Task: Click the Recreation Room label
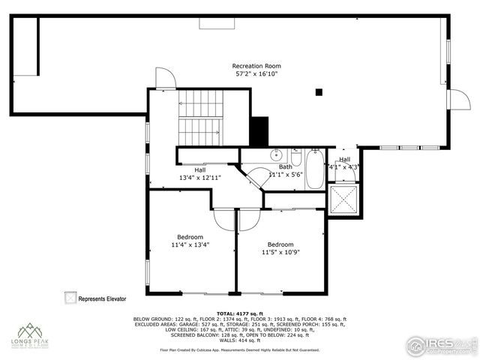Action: (x=250, y=66)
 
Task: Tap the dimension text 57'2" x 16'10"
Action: (x=250, y=74)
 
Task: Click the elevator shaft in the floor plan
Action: (x=344, y=198)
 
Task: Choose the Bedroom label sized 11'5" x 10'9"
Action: (x=280, y=248)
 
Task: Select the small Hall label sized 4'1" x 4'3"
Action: (x=344, y=163)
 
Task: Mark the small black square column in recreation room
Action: (x=319, y=92)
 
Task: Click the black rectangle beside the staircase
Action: (x=259, y=133)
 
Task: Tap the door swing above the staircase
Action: (x=165, y=78)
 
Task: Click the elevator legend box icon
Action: (x=70, y=298)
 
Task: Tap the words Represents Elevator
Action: (x=103, y=298)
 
